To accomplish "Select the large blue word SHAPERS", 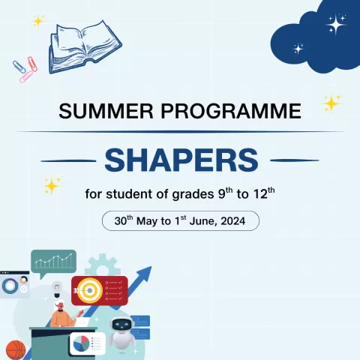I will [181, 159].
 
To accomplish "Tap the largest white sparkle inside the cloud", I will [335, 25].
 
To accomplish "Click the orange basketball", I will [14, 349].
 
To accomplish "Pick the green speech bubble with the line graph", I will [53, 262].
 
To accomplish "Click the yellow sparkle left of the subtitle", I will [52, 184].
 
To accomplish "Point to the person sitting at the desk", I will [63, 313].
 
